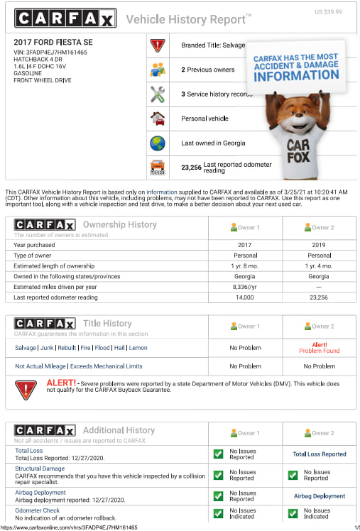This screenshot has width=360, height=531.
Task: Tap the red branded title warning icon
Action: click(157, 45)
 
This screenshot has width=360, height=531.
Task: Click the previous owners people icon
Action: click(157, 70)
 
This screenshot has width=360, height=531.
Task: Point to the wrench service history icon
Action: click(157, 94)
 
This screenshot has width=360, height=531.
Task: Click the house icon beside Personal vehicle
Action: click(157, 119)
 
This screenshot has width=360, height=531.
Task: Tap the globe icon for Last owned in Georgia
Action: click(157, 143)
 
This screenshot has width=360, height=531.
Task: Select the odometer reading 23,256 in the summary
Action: click(192, 168)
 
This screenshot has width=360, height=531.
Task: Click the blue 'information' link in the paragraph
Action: click(162, 192)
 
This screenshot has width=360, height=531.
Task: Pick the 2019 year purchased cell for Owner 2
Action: click(319, 245)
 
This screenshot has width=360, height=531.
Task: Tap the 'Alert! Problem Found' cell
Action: click(319, 347)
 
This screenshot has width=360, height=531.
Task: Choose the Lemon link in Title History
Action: click(138, 348)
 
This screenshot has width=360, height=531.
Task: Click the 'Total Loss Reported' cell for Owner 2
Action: click(319, 454)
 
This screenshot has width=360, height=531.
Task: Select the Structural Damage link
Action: click(40, 469)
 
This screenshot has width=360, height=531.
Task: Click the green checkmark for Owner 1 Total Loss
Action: click(219, 454)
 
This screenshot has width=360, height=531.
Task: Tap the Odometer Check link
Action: click(37, 510)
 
